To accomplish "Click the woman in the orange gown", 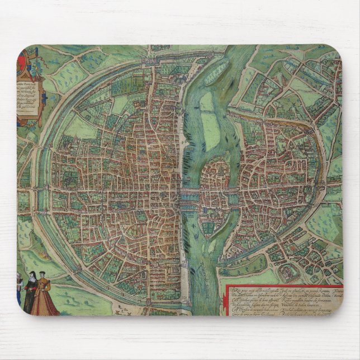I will coord(44,299).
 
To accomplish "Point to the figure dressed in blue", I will coord(20,291).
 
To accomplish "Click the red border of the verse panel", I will coord(280,284).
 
